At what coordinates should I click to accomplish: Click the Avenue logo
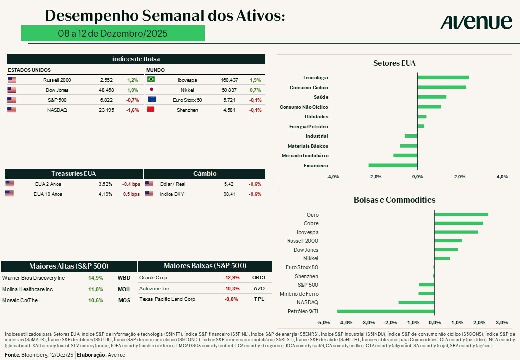pos(476,22)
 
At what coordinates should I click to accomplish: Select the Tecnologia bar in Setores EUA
pos(443,77)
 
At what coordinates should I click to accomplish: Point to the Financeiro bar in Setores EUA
pos(393,165)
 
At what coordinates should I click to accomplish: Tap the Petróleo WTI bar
pos(386,311)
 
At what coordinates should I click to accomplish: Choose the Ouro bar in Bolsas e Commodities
pos(461,215)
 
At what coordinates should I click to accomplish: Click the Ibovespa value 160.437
pos(229,80)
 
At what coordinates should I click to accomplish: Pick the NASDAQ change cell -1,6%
pos(133,110)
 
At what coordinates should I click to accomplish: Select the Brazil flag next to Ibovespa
pos(151,80)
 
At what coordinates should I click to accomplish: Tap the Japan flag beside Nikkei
pos(151,90)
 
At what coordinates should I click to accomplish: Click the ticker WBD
pos(124,278)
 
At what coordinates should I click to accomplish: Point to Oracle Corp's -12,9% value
pos(231,278)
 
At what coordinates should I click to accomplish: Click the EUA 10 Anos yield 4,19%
pos(105,194)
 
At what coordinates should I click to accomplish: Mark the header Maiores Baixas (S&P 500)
pos(205,266)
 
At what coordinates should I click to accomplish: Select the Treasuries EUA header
pos(73,173)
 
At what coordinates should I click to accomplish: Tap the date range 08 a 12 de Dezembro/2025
pos(112,33)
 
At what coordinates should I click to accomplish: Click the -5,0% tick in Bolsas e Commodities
pos(323,322)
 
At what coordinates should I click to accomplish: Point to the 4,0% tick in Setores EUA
pos(502,176)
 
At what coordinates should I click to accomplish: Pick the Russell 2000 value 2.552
pos(106,80)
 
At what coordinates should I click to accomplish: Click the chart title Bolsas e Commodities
pos(394,200)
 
